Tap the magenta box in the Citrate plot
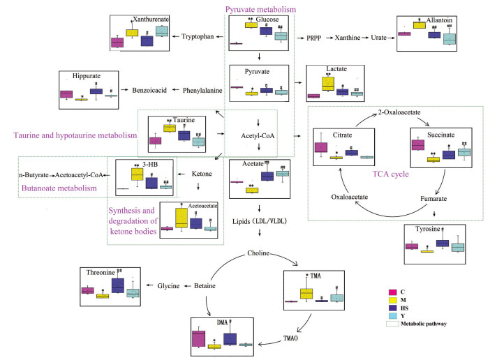click(x=321, y=147)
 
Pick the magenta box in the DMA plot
click(x=198, y=338)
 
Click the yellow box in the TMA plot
click(x=306, y=294)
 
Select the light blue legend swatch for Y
click(x=393, y=315)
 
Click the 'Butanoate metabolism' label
click(x=55, y=188)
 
